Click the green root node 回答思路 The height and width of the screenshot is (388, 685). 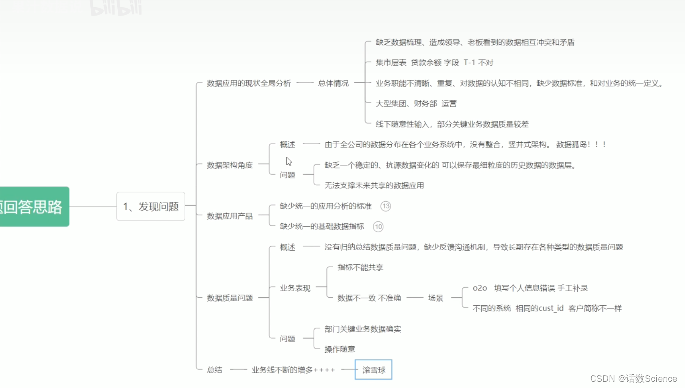33,206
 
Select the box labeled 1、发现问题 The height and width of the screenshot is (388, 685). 151,206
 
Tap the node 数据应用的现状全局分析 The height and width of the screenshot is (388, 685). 249,83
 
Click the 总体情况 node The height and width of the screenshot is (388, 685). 333,83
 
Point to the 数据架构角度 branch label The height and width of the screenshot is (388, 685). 230,165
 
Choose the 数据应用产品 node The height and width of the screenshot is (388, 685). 230,216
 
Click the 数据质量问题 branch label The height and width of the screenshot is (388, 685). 230,298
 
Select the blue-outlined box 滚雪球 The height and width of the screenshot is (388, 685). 373,370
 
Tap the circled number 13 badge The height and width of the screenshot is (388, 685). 385,206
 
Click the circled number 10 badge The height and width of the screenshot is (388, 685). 378,227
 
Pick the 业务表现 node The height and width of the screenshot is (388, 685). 295,288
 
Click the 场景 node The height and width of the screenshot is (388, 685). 435,298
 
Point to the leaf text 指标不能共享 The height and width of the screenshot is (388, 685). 360,267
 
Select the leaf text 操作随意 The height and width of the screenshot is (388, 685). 340,349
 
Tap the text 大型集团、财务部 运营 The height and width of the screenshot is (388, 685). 416,104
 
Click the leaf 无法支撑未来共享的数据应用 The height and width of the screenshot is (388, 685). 374,185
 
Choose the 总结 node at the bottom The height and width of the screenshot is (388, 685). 214,370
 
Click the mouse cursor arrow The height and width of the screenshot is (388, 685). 289,161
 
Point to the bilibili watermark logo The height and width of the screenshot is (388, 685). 116,8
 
